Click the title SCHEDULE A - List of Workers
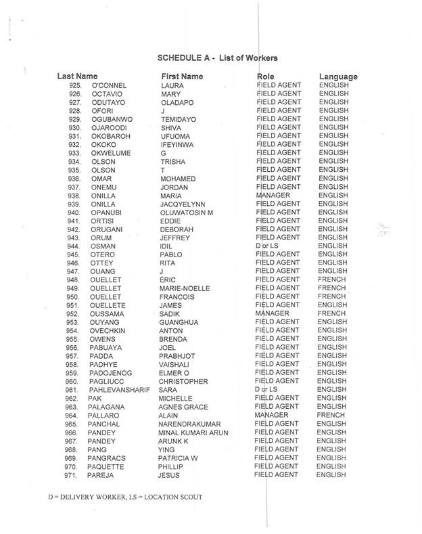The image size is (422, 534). point(218,58)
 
